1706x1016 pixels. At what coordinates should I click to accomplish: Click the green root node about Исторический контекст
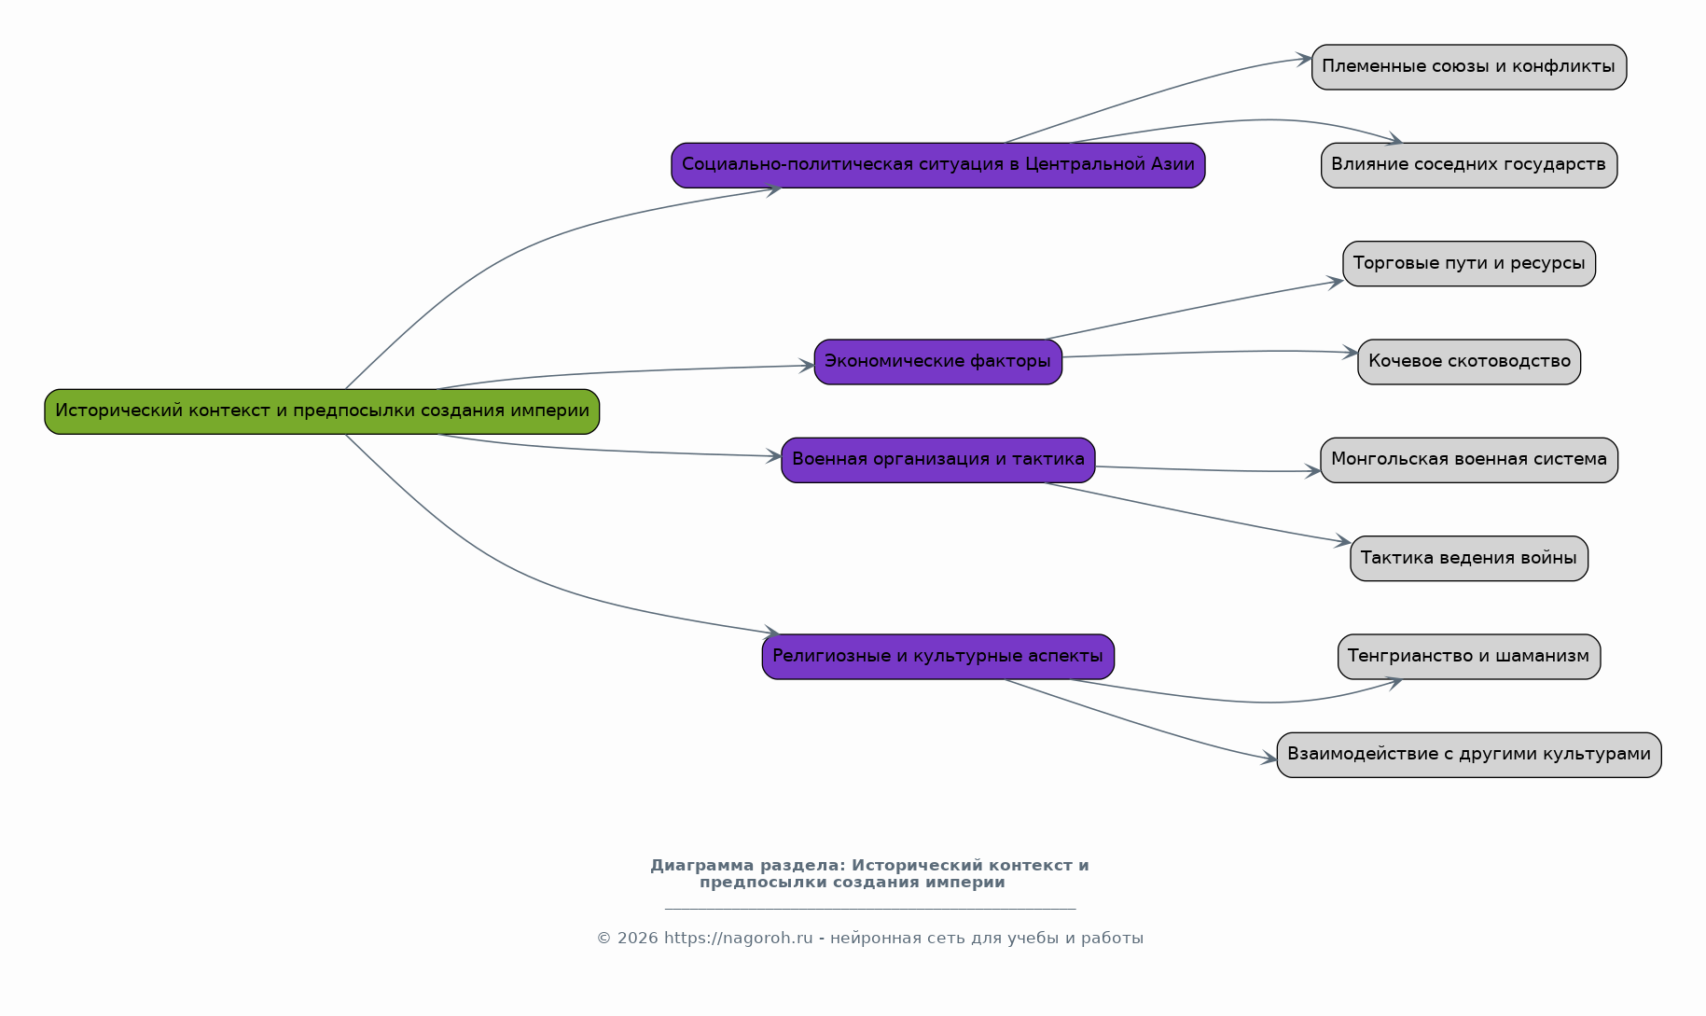[x=322, y=411]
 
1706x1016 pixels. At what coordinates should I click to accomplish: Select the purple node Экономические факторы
[x=937, y=362]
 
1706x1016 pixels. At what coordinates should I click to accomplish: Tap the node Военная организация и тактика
[x=937, y=460]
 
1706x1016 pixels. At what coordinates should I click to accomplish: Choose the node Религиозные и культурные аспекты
[x=937, y=657]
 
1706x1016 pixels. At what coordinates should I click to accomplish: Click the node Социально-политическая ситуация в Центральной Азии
[x=937, y=165]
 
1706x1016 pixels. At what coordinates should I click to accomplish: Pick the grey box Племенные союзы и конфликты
[x=1469, y=67]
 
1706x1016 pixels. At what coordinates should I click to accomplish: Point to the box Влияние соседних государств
[x=1469, y=165]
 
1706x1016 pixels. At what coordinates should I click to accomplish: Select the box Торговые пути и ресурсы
[x=1469, y=264]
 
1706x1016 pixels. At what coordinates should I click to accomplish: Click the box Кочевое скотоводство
[x=1469, y=362]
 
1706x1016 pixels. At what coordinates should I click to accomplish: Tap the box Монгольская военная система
[x=1469, y=460]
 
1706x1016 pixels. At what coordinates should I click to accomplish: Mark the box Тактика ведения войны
[x=1469, y=559]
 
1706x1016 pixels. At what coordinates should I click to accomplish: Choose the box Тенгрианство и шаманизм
[x=1469, y=657]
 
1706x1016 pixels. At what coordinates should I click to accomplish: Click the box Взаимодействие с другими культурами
[x=1469, y=755]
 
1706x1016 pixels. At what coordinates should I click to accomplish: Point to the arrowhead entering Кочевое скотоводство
[x=1351, y=353]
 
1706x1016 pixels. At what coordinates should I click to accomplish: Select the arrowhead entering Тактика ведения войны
[x=1343, y=541]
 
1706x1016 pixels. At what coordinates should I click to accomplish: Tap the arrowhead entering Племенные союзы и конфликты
[x=1304, y=59]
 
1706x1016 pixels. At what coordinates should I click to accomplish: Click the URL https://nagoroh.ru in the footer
[x=738, y=939]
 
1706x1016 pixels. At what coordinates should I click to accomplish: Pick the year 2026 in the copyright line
[x=638, y=939]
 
